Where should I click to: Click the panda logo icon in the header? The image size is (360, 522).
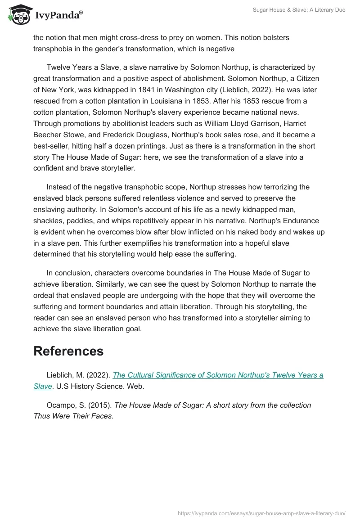point(17,15)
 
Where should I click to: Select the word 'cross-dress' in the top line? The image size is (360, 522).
point(153,37)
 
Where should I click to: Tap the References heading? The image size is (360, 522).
point(68,351)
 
